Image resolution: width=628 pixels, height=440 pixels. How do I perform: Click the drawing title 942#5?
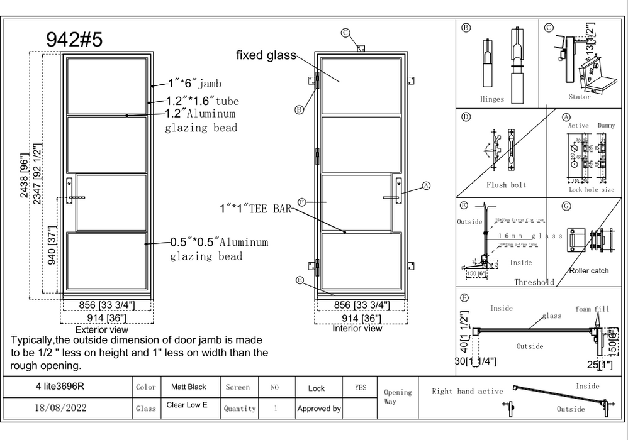click(x=74, y=39)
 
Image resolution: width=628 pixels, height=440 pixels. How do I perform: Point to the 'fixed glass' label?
click(x=266, y=55)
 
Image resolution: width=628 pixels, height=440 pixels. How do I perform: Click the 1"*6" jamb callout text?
click(x=194, y=83)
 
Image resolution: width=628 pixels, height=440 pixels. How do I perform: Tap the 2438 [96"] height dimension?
click(x=26, y=177)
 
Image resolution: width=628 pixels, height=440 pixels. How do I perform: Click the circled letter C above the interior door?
click(x=345, y=33)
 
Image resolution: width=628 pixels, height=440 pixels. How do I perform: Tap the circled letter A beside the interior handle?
click(x=425, y=186)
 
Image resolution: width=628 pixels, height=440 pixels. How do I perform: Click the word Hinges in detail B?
click(x=492, y=99)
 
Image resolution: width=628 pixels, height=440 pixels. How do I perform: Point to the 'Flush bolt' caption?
click(x=506, y=185)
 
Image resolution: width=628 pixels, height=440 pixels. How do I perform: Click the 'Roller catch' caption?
click(x=589, y=271)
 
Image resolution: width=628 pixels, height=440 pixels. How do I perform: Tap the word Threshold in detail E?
click(x=534, y=282)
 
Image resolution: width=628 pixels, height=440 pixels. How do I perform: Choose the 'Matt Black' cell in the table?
click(x=187, y=387)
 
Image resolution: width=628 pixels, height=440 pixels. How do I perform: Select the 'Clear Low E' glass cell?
click(x=187, y=405)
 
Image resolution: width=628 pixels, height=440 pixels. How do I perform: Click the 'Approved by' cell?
click(x=319, y=409)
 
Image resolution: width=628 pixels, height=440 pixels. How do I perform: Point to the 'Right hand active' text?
click(x=467, y=392)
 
